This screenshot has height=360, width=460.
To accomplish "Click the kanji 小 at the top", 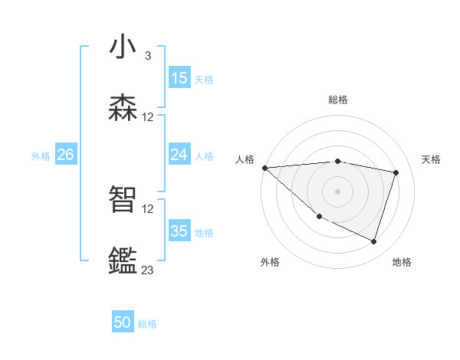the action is pyautogui.click(x=123, y=47).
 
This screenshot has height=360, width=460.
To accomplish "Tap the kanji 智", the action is pyautogui.click(x=123, y=199).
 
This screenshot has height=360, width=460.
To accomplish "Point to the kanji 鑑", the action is pyautogui.click(x=123, y=260).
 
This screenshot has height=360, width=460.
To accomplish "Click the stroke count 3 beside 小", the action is pyautogui.click(x=147, y=56).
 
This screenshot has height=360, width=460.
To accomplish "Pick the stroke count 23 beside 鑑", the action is pyautogui.click(x=147, y=270).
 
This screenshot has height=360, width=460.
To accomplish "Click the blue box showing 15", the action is pyautogui.click(x=179, y=78).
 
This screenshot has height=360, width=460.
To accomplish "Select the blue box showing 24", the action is pyautogui.click(x=179, y=155).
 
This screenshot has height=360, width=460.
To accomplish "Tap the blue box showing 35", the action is pyautogui.click(x=179, y=231).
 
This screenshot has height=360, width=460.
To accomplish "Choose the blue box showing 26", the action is pyautogui.click(x=65, y=155).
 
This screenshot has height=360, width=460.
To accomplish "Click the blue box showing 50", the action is pyautogui.click(x=123, y=323).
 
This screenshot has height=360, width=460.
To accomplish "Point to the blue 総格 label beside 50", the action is pyautogui.click(x=147, y=324).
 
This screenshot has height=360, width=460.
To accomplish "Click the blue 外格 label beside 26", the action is pyautogui.click(x=41, y=155).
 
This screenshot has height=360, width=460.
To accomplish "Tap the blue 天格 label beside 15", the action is pyautogui.click(x=204, y=79).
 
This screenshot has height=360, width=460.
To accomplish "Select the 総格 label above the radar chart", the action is pyautogui.click(x=338, y=100).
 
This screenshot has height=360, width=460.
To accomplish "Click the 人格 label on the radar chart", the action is pyautogui.click(x=245, y=159).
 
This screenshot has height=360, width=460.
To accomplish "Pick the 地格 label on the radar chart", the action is pyautogui.click(x=402, y=262).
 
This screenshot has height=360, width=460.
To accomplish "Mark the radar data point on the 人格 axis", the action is pyautogui.click(x=264, y=168).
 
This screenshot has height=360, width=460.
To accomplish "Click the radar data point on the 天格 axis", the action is pyautogui.click(x=396, y=172).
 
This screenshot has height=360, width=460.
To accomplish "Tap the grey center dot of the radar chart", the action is pyautogui.click(x=337, y=191).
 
